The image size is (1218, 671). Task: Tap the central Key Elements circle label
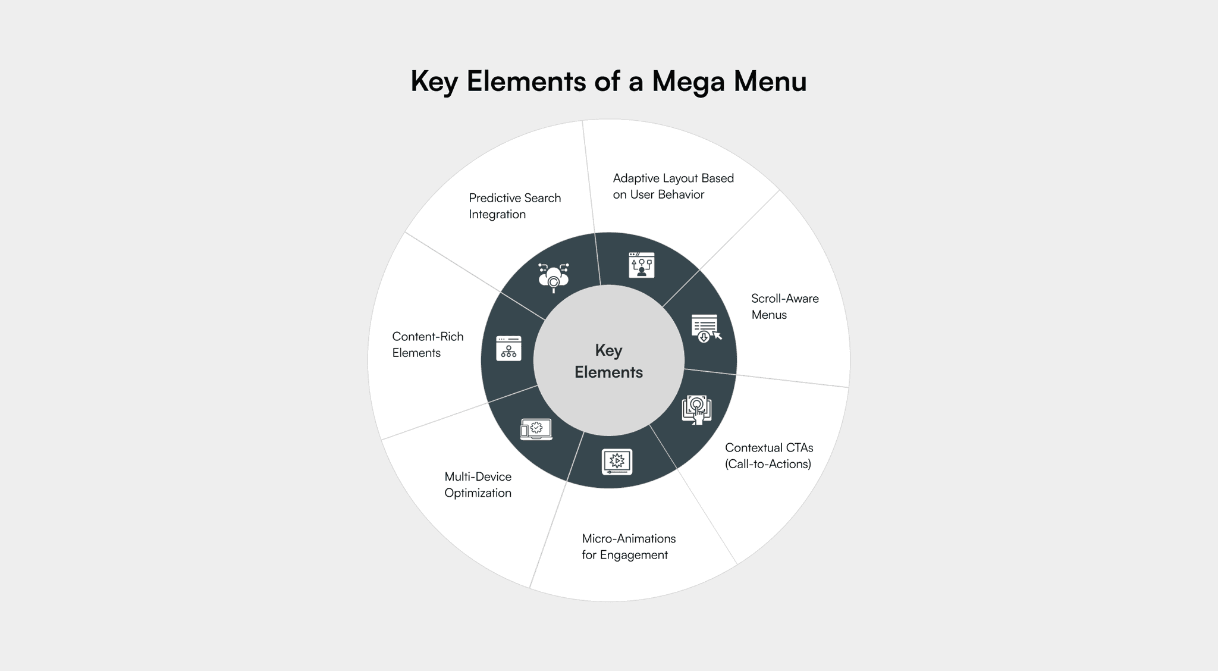point(608,361)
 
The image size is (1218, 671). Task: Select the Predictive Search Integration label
point(514,206)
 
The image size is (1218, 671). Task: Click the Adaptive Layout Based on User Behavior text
point(673,186)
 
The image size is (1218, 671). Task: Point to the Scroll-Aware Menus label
point(784,306)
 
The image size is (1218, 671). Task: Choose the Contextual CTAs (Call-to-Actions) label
point(768,456)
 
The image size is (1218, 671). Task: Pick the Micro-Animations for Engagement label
point(629,547)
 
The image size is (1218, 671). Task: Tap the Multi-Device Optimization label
point(478,485)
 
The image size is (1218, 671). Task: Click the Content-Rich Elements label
point(428,344)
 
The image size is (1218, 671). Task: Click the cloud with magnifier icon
point(553,277)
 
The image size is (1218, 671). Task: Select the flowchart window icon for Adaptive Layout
point(641,265)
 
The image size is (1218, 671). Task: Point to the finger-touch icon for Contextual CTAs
point(696,410)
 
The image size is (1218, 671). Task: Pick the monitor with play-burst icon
point(617,462)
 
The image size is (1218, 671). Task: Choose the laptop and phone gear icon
point(536,429)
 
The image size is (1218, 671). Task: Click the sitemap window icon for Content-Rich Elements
point(508,349)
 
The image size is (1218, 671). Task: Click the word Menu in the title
point(770,81)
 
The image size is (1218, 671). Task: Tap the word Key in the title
point(434,82)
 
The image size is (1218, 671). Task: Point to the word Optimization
point(478,493)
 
